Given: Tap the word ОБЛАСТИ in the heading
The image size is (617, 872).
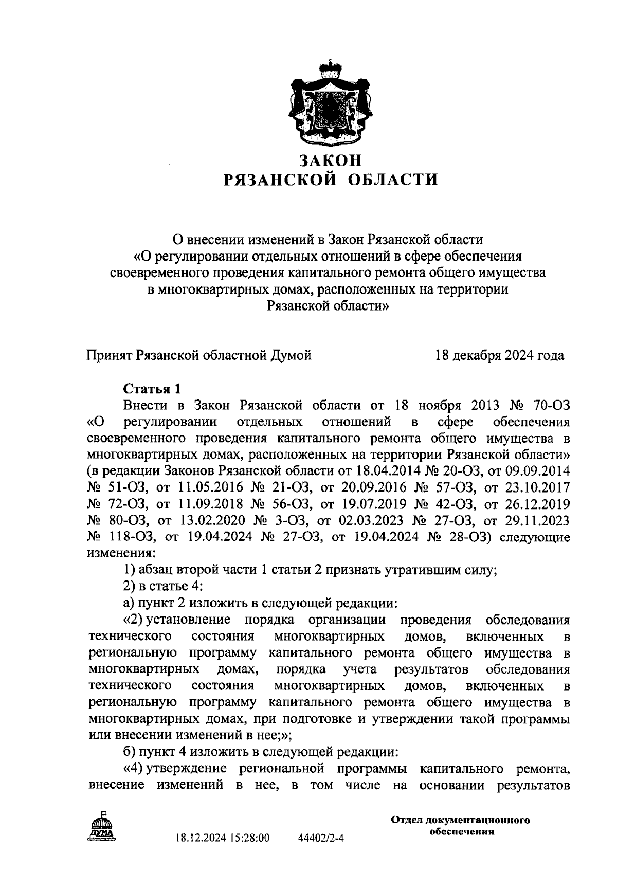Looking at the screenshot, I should pos(394,179).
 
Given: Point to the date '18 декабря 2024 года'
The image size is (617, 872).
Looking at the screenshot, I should pos(499,355).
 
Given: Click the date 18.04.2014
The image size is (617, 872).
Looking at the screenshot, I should pos(391,471).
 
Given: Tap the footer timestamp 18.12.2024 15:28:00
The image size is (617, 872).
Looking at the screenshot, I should pos(222,838).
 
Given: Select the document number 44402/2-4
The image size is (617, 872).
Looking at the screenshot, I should pos(321,838).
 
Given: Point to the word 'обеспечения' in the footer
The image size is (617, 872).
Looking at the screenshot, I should pos(461,832).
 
